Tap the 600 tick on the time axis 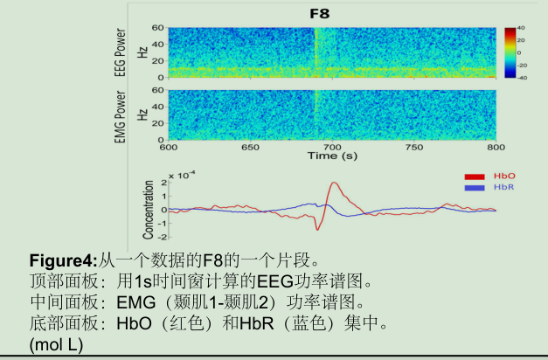[169, 147]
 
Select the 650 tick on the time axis [251, 147]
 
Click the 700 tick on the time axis [333, 147]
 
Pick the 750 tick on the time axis [415, 147]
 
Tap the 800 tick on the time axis [496, 147]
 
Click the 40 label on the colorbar [520, 29]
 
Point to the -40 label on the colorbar [520, 77]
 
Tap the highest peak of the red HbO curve [334, 183]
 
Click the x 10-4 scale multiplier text [183, 176]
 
